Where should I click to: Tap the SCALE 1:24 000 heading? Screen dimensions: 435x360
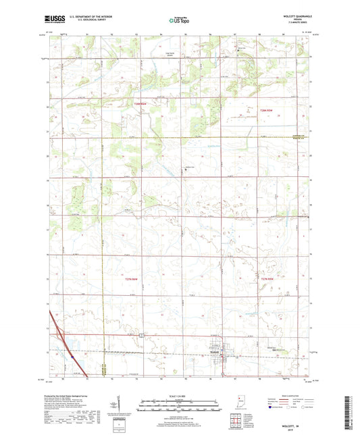(x=178, y=395)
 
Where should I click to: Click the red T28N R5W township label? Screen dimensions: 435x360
(x=270, y=113)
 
